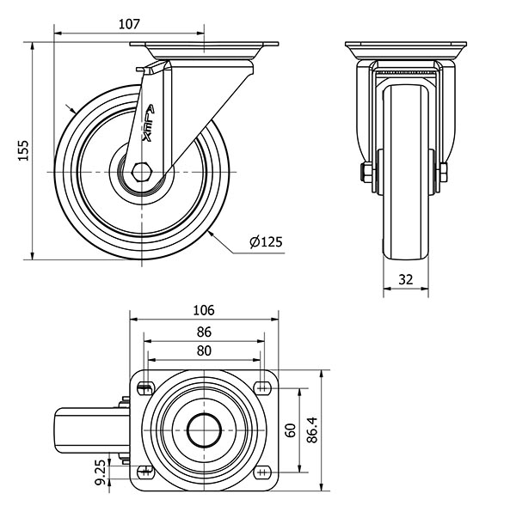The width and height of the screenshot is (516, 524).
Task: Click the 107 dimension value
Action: coord(129,24)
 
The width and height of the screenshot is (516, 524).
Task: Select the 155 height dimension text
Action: coord(23,150)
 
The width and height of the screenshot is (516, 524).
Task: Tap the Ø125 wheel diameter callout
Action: coord(266,241)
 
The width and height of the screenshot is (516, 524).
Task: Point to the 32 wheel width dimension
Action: coord(406,279)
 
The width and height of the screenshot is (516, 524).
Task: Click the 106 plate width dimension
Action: coord(204,310)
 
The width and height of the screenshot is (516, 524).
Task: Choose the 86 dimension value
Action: coord(204,332)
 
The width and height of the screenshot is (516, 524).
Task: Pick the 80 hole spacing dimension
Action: coord(204,350)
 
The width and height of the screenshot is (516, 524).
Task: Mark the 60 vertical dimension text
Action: coord(291,430)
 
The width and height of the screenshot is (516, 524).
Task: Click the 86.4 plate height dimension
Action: coord(312,430)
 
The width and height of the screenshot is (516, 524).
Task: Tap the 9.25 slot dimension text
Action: coord(101,472)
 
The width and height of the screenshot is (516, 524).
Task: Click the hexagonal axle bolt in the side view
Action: coord(142,172)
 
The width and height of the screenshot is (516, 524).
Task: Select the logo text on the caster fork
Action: coord(149,124)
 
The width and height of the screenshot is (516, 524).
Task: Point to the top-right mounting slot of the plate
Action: coord(262,387)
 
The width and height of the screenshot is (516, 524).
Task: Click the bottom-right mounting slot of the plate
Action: coord(262,472)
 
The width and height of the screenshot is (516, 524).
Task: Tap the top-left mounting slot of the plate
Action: coord(145,387)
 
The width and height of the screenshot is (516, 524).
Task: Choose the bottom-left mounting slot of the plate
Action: coord(145,472)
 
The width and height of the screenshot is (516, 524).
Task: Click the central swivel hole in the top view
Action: coord(204,430)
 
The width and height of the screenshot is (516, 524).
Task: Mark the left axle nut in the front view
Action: coord(365,173)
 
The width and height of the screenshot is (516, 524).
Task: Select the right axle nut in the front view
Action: coord(444,173)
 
